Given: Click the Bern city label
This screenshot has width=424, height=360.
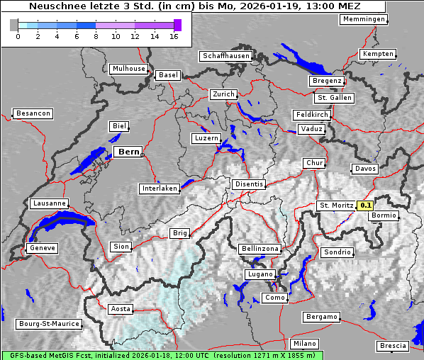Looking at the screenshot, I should (x=128, y=152).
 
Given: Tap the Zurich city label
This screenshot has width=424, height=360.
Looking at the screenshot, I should (x=223, y=94).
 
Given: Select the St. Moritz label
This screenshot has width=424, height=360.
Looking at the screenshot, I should (x=337, y=206).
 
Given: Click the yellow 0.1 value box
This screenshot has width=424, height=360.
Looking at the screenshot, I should (x=366, y=206).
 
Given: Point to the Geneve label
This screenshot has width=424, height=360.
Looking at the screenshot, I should (x=41, y=249).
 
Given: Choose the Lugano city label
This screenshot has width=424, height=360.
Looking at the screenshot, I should (x=260, y=274).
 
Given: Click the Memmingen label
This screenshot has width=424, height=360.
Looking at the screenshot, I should (x=364, y=19).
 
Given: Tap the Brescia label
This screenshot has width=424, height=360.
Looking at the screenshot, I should (x=393, y=346).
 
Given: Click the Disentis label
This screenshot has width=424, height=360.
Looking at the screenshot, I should (x=248, y=184).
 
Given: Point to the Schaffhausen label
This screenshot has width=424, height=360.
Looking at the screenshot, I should (x=225, y=55).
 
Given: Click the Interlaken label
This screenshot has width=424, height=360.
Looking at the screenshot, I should (x=159, y=189).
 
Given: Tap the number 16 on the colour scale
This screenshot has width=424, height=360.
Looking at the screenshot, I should (x=174, y=36).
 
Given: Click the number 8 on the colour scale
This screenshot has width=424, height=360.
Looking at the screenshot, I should (x=96, y=36).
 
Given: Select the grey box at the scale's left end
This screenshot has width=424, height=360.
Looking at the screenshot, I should (x=14, y=25).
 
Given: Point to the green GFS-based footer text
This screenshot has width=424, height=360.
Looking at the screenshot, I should (x=162, y=355).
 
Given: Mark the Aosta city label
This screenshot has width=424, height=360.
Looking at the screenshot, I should (x=121, y=309).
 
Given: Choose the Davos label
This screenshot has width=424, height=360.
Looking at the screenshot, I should (x=365, y=169).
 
